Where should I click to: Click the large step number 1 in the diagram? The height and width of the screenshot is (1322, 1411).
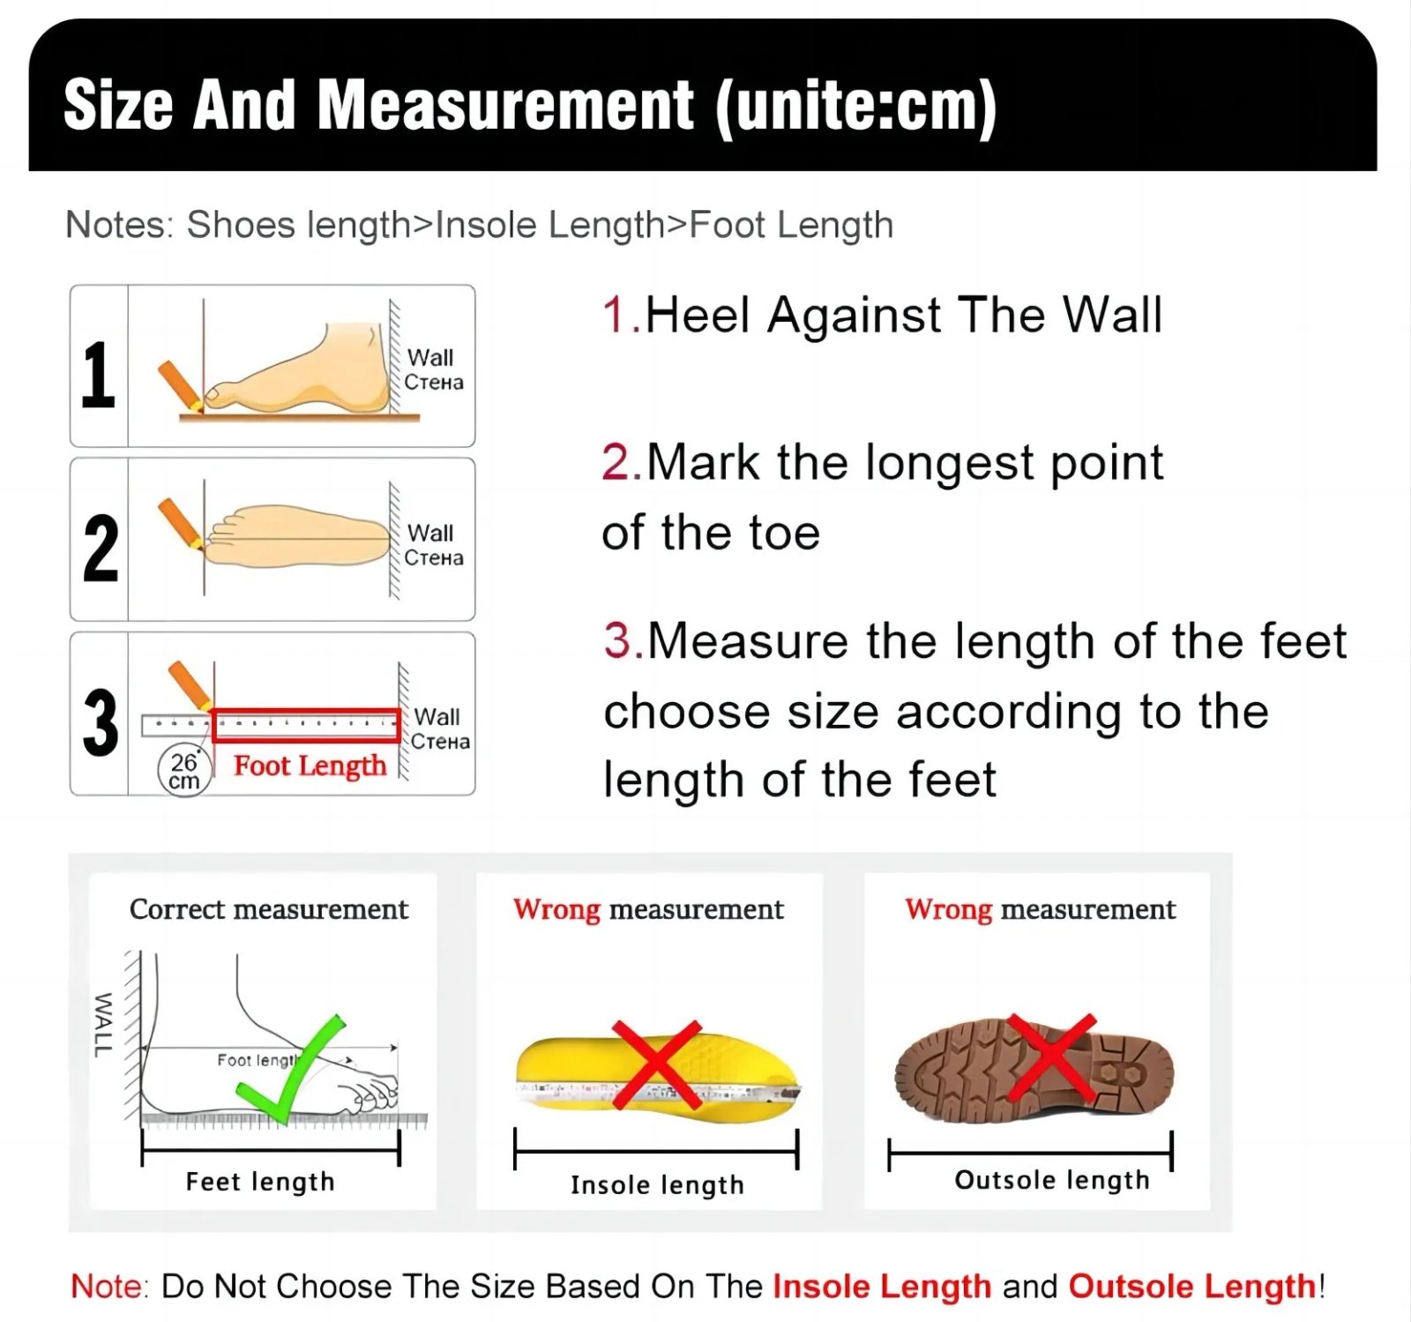pyautogui.click(x=99, y=375)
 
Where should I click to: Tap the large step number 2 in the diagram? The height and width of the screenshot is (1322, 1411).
pyautogui.click(x=101, y=548)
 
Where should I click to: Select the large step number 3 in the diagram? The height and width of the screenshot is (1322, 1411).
pyautogui.click(x=101, y=722)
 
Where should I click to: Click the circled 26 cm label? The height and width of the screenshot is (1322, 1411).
pyautogui.click(x=184, y=771)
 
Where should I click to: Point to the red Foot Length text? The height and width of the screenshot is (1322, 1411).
pyautogui.click(x=310, y=766)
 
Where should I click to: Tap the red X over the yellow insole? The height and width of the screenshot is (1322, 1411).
pyautogui.click(x=656, y=1064)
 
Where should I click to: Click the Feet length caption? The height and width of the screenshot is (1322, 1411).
pyautogui.click(x=260, y=1181)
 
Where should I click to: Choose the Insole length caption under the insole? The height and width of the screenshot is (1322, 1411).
pyautogui.click(x=657, y=1184)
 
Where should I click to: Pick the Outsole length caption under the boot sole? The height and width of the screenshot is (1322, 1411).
pyautogui.click(x=1052, y=1179)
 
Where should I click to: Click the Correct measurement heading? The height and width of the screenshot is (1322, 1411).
pyautogui.click(x=269, y=909)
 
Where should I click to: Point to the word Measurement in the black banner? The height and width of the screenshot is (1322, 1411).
pyautogui.click(x=505, y=106)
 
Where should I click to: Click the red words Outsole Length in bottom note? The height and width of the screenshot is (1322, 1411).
pyautogui.click(x=1192, y=1286)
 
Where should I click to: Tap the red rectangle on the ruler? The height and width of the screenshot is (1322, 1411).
pyautogui.click(x=306, y=725)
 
